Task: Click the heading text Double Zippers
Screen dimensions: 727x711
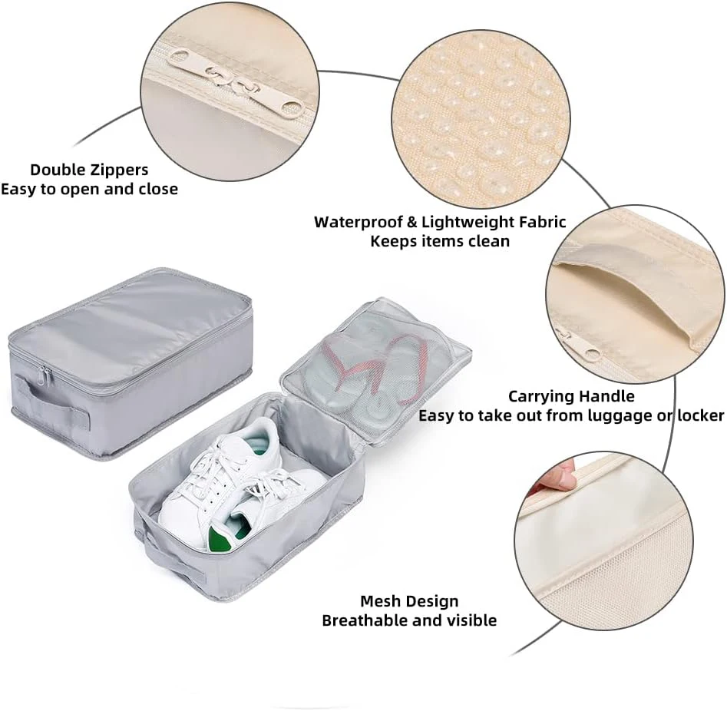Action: (x=89, y=170)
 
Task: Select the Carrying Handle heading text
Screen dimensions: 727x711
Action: (x=571, y=396)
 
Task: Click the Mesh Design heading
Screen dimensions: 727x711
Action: (x=409, y=601)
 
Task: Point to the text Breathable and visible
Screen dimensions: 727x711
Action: (x=409, y=620)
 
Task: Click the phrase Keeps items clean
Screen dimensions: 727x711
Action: (x=440, y=241)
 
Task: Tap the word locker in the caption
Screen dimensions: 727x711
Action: (x=701, y=415)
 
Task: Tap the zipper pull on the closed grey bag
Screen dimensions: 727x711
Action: (x=45, y=375)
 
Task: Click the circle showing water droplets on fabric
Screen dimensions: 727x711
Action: (x=481, y=119)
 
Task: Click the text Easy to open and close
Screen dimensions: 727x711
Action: (x=89, y=190)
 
